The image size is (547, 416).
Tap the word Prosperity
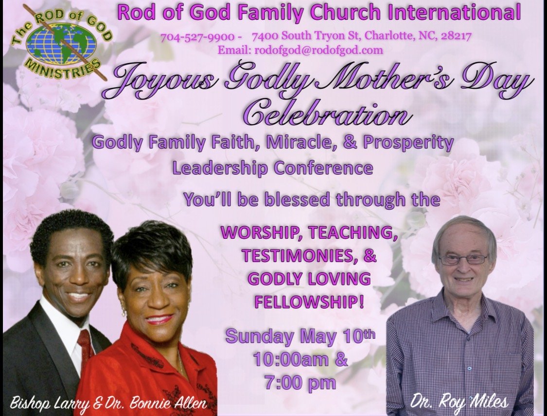pos(408,143)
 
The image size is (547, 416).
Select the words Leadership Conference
pos(273,168)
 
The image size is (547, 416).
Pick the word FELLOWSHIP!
pos(309,302)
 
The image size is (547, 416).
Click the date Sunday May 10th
pos(300,336)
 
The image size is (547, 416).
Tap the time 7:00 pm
pos(300,383)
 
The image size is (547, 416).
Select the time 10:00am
pos(290,359)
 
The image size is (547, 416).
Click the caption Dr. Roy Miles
pos(459,402)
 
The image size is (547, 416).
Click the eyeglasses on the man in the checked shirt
pos(463,260)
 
